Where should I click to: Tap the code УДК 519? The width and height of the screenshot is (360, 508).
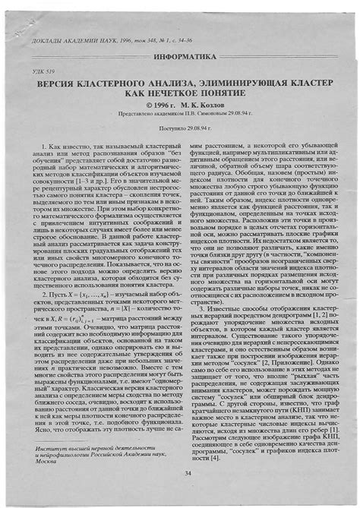pyautogui.click(x=46, y=70)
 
